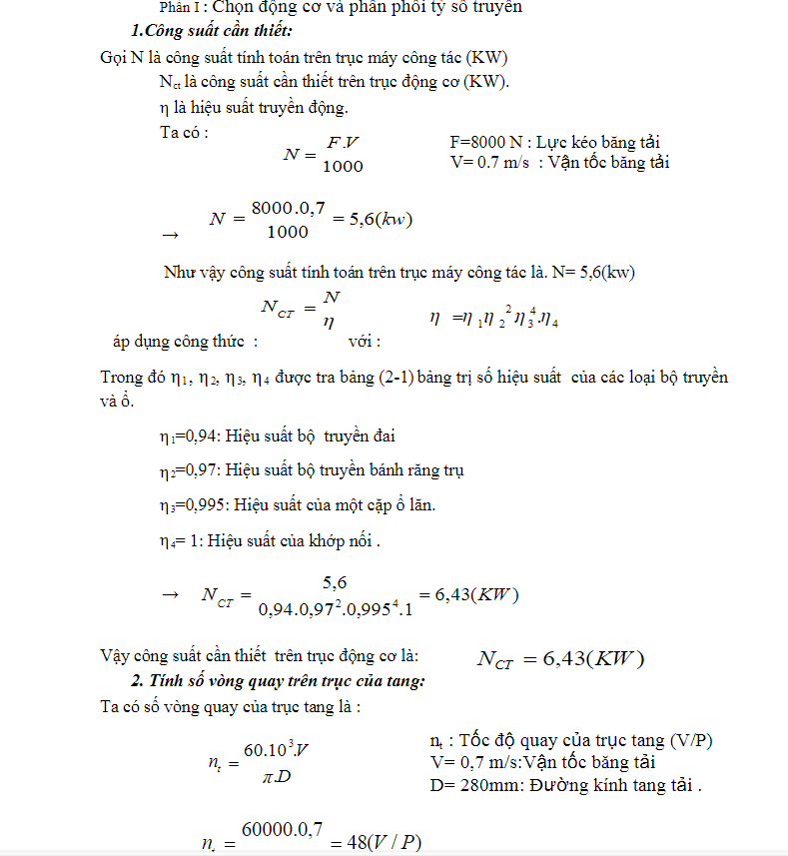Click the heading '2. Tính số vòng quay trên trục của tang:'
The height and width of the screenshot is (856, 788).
[278, 681]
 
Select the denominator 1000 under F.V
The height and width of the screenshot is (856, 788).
[343, 167]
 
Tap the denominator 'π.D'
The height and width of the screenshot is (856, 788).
[277, 776]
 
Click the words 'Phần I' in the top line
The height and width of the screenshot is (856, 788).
[179, 7]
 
